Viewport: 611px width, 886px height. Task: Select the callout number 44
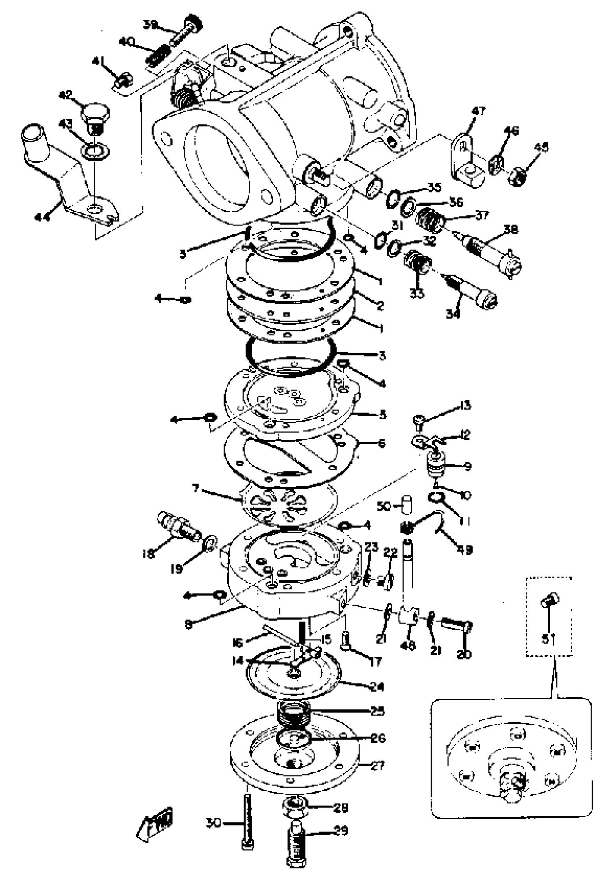pyautogui.click(x=42, y=217)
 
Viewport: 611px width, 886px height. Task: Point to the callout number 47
pyautogui.click(x=478, y=111)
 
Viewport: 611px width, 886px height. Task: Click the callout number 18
pyautogui.click(x=148, y=553)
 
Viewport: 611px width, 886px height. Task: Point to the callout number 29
pyautogui.click(x=341, y=831)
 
